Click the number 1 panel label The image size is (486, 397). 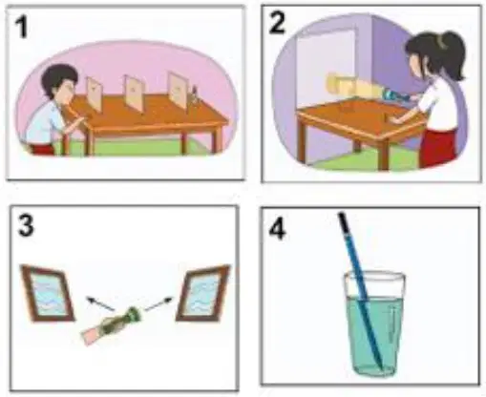(x=22, y=27)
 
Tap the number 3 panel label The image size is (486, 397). (x=26, y=225)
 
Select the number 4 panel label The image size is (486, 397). (x=277, y=228)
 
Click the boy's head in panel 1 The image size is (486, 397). (x=60, y=81)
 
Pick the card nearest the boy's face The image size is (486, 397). (x=95, y=94)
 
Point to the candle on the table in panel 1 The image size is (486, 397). (x=194, y=94)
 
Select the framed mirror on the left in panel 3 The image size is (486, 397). (x=48, y=293)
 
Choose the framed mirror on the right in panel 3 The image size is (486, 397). (x=203, y=293)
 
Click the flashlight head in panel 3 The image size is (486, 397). (x=134, y=315)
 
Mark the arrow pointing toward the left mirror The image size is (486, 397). (x=100, y=303)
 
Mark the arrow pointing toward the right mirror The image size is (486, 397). (x=158, y=303)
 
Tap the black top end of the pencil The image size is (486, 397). (x=344, y=221)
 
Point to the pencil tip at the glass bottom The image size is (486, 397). (x=380, y=366)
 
